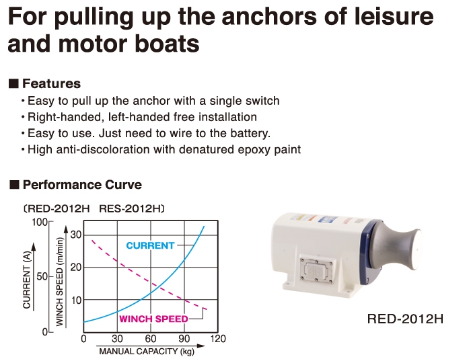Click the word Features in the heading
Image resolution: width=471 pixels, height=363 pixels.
(51, 83)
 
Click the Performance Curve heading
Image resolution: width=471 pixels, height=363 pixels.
(82, 184)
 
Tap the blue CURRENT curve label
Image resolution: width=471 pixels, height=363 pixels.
(150, 245)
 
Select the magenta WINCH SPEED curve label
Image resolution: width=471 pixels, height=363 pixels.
(153, 319)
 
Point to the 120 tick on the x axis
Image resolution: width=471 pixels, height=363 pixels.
(218, 339)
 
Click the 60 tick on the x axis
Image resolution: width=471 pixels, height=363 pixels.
(151, 339)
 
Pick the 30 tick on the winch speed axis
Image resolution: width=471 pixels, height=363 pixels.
(76, 235)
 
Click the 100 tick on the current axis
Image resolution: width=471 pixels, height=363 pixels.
(40, 223)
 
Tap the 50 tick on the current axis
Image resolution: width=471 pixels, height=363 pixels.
(42, 276)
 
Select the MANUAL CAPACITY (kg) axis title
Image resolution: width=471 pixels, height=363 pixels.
(147, 352)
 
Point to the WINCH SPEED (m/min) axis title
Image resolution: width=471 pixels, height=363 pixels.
(60, 282)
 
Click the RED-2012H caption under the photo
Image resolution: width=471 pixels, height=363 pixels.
(405, 319)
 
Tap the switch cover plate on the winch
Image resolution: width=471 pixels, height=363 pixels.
(316, 270)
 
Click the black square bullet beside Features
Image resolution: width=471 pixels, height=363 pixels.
(14, 83)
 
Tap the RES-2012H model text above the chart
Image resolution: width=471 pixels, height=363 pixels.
(130, 208)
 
